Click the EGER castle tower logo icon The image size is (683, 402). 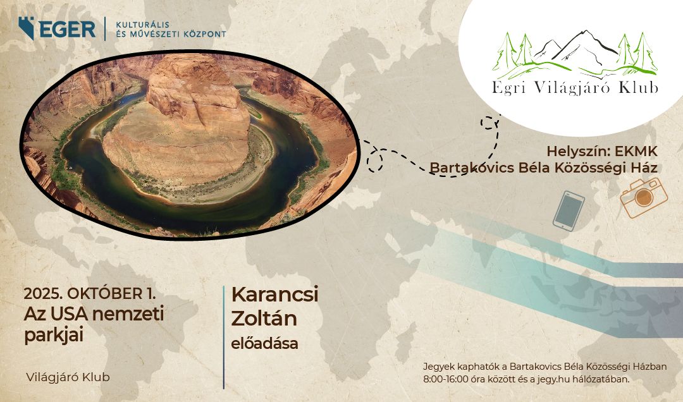(27, 28)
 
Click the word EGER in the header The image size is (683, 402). (67, 29)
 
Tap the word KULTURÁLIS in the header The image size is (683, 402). (142, 25)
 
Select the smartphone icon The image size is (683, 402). (569, 211)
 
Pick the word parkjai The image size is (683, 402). (54, 335)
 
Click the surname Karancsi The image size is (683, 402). (275, 295)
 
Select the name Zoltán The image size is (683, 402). (264, 319)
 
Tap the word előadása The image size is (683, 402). (264, 343)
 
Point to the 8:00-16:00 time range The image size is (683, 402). (446, 379)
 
